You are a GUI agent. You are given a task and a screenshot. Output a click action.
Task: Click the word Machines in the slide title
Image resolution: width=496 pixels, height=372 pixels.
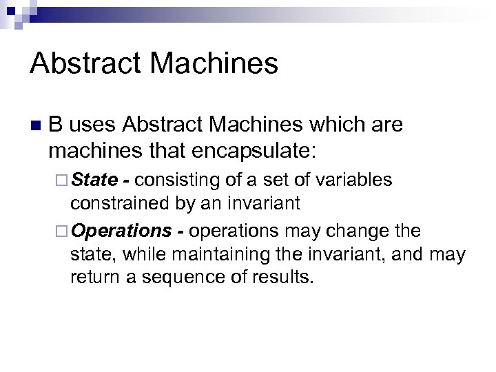point(211,63)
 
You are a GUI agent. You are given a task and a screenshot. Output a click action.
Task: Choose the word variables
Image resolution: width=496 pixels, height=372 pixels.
point(355,180)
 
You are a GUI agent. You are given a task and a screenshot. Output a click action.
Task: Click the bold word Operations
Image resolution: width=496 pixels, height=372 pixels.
point(121,229)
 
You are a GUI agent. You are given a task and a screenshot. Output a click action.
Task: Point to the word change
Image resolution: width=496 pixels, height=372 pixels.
point(355,229)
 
